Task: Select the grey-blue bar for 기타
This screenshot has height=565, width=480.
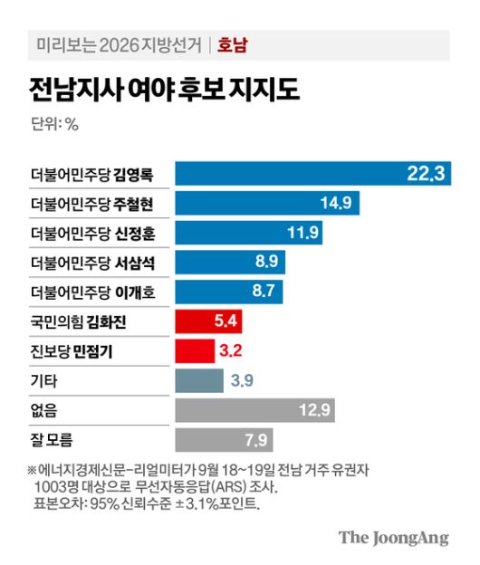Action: point(198,380)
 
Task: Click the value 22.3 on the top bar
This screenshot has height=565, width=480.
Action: point(425,174)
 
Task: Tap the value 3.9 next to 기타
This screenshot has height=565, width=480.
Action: point(242,380)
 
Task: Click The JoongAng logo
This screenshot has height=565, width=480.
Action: point(394,537)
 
